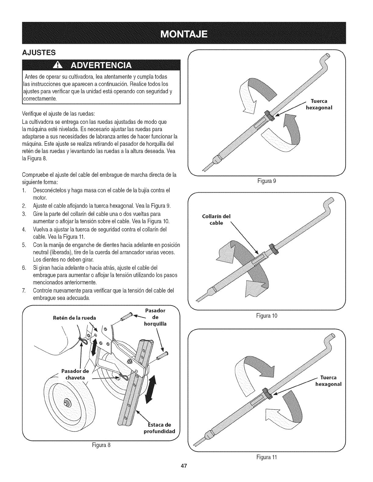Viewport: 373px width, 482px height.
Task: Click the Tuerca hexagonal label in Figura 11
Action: pyautogui.click(x=328, y=381)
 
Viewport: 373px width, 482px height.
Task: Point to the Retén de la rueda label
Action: pyautogui.click(x=74, y=318)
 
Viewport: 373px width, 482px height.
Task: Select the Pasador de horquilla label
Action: pyautogui.click(x=155, y=317)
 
